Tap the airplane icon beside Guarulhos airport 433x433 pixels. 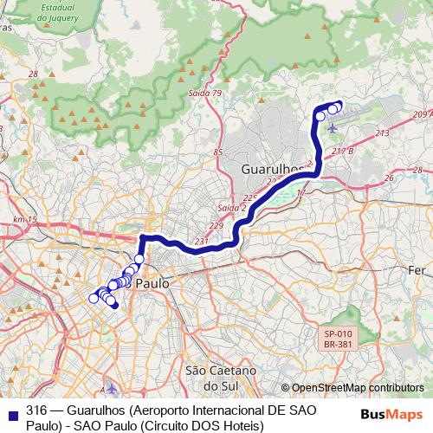(x=333, y=129)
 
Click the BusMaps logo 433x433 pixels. (x=393, y=413)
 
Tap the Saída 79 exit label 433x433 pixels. (x=204, y=94)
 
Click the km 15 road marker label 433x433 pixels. (x=25, y=220)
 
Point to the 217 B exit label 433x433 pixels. (x=345, y=151)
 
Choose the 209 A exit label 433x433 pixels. (x=422, y=114)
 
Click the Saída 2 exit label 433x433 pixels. (x=231, y=209)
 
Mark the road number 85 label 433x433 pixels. (x=218, y=152)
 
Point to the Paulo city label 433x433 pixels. (x=152, y=282)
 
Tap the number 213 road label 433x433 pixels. (x=382, y=133)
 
